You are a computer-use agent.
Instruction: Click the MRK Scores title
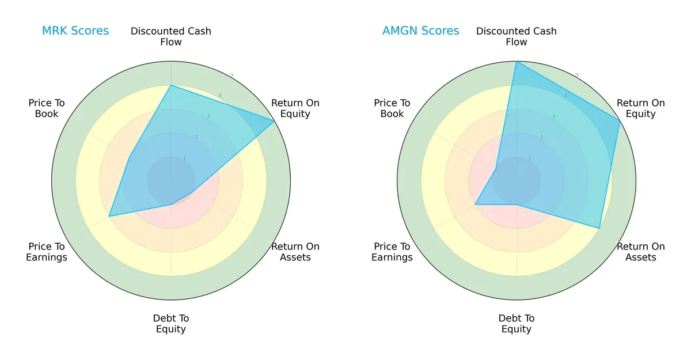[x=75, y=31]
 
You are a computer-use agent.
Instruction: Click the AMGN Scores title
[x=420, y=31]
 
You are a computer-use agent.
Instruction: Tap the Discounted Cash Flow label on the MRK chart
[x=171, y=36]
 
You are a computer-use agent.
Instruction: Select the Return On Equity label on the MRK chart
[x=295, y=108]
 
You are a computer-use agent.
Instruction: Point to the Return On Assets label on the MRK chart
[x=295, y=252]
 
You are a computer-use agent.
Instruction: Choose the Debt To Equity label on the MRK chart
[x=171, y=324]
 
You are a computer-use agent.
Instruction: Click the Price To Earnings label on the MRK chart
[x=47, y=252]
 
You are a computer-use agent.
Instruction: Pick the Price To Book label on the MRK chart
[x=47, y=108]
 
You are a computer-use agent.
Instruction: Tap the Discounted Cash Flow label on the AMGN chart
[x=517, y=36]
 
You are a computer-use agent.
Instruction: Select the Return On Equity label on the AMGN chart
[x=640, y=108]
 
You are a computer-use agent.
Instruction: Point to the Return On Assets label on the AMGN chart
[x=640, y=252]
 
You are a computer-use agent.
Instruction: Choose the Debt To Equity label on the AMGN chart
[x=517, y=324]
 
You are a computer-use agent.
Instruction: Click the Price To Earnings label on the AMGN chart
[x=392, y=252]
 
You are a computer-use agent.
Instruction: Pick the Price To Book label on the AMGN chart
[x=392, y=108]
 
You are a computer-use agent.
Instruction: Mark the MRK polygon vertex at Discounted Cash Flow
[x=171, y=85]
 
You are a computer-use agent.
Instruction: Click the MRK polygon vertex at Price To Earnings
[x=109, y=217]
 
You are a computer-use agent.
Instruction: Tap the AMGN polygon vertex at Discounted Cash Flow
[x=517, y=62]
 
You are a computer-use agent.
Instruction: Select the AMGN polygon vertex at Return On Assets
[x=599, y=229]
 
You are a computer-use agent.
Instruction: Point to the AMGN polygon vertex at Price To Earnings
[x=475, y=204]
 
